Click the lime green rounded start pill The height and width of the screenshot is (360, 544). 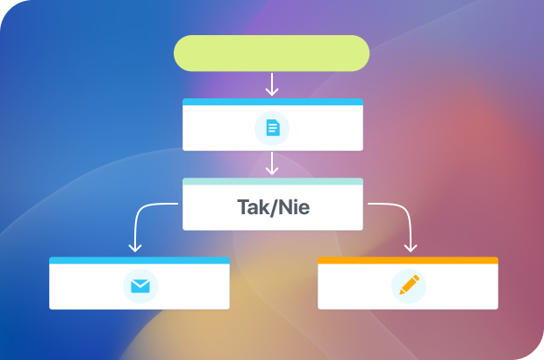(272, 53)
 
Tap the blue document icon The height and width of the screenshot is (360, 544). (273, 127)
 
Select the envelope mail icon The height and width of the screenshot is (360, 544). (140, 286)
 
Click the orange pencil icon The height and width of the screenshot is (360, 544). (409, 285)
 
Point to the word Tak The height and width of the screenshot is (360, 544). (253, 207)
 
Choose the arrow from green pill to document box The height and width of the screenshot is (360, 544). (272, 84)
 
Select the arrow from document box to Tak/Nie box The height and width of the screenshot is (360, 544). (272, 163)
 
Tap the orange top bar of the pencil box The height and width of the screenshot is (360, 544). (408, 261)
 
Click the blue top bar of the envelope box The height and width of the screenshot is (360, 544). (140, 261)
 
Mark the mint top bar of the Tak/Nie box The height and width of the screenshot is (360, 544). (273, 182)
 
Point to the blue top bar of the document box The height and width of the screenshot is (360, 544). (273, 102)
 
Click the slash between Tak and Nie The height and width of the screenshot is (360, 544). (274, 207)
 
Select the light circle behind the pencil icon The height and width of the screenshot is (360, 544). (409, 286)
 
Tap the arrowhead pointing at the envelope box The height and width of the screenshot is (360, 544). (135, 248)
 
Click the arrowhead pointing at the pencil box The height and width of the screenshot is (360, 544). (411, 248)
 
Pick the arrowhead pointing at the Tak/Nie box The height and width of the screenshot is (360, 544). (272, 170)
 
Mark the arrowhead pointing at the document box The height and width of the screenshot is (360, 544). (272, 91)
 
